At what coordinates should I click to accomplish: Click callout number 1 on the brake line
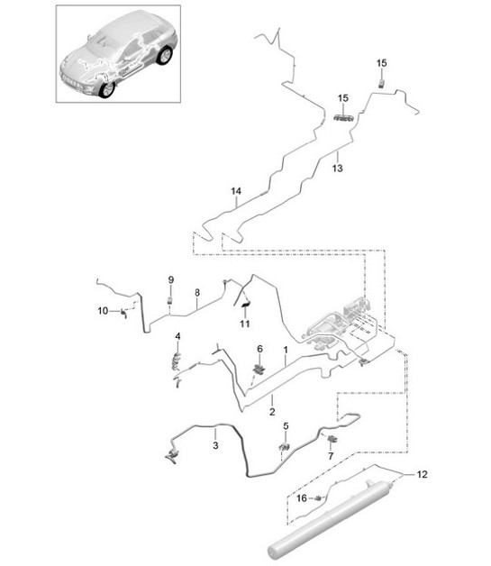286,349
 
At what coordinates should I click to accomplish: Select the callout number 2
271,412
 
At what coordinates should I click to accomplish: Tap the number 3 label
215,444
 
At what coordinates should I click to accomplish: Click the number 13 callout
338,168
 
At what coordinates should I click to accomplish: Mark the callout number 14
236,191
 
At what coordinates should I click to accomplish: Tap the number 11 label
244,324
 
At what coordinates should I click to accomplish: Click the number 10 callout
102,311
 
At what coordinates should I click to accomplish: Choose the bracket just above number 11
243,299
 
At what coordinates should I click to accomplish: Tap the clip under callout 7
332,439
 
